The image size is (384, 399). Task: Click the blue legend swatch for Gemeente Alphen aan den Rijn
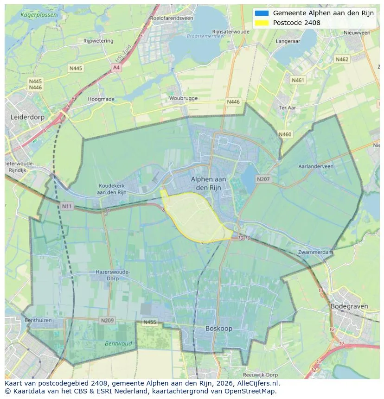tap(262, 13)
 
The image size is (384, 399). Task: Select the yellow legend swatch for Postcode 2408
tap(262, 23)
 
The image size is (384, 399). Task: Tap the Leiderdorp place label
tap(27, 117)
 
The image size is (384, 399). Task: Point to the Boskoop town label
tap(219, 328)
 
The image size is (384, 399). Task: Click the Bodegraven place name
tap(349, 306)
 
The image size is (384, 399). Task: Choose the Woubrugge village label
tap(183, 98)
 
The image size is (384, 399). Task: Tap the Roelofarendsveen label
tap(171, 18)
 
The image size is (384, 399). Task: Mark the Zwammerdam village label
tap(316, 252)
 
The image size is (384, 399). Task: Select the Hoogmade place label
tap(101, 99)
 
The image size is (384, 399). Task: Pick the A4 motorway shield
tap(116, 68)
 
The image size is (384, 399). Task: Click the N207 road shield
tap(263, 179)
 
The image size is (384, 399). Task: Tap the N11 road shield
tap(67, 206)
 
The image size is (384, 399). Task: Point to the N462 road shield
tap(342, 59)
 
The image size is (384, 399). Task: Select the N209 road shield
tap(107, 320)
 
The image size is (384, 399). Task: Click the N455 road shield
tap(150, 322)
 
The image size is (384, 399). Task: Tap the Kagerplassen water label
tap(39, 15)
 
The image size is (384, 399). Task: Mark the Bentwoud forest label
tap(118, 344)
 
